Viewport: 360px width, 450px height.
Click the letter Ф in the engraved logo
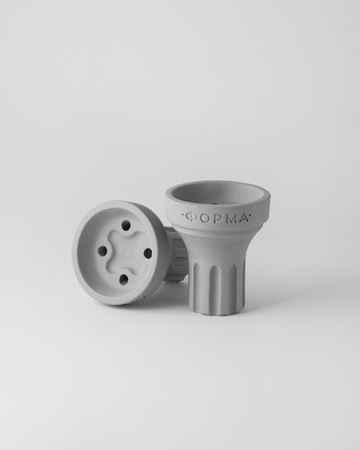(x=191, y=217)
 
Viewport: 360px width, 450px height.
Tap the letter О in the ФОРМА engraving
(x=205, y=219)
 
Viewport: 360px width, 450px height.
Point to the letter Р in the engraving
(x=216, y=219)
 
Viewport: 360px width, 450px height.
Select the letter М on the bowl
(x=228, y=219)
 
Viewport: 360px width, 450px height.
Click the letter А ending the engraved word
(x=241, y=218)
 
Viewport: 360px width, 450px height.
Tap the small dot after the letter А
(x=250, y=217)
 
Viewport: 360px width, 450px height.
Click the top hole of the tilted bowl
(x=126, y=226)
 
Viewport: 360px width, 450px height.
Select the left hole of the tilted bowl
(x=102, y=250)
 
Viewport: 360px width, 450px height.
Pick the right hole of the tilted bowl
(x=148, y=253)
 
